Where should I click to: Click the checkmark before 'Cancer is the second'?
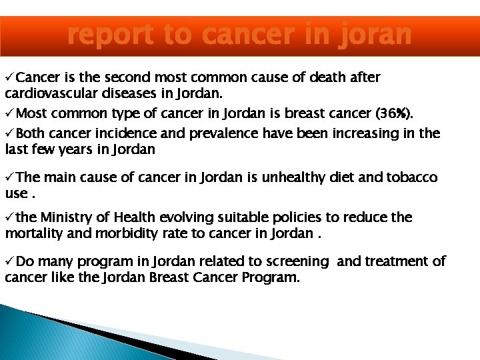(x=9, y=77)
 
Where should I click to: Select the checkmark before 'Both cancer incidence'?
(x=9, y=133)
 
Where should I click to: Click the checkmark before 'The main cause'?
(x=9, y=177)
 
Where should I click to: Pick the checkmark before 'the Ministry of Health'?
(x=9, y=217)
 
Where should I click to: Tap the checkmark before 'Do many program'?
(x=9, y=261)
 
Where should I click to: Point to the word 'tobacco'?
(x=413, y=177)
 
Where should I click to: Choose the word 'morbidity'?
(x=116, y=233)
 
